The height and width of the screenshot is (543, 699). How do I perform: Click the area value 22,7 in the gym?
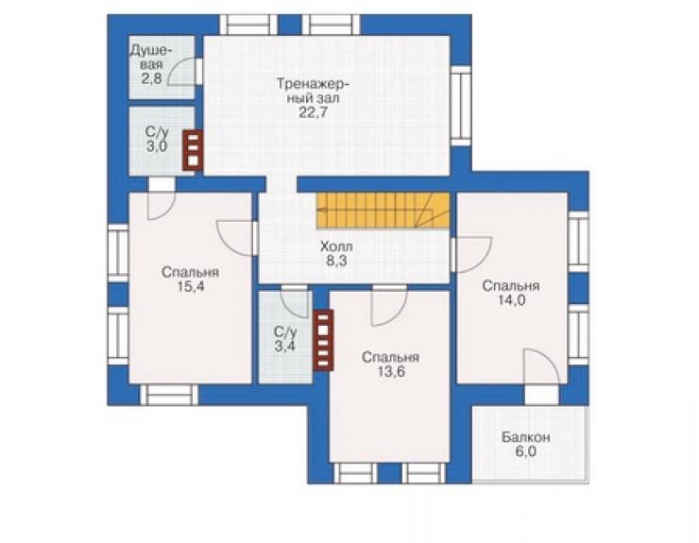tap(313, 112)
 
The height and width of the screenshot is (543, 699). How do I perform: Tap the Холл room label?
tap(336, 246)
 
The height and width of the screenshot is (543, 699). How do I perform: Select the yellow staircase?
tap(383, 211)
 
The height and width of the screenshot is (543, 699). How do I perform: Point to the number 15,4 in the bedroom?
tap(191, 286)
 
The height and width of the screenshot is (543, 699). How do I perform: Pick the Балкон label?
tap(525, 437)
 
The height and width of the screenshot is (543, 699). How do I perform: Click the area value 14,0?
tap(511, 300)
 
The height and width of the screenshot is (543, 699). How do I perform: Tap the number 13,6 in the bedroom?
tap(391, 371)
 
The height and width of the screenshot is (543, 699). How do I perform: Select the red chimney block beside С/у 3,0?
tap(193, 150)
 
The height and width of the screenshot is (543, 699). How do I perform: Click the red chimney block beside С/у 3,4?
tap(323, 340)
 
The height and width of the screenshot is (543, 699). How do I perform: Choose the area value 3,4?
tap(284, 346)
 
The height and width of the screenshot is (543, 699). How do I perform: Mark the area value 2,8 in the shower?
tap(151, 79)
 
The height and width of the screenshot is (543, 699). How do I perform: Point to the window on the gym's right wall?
tap(460, 106)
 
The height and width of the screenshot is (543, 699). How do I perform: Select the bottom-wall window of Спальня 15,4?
tap(169, 395)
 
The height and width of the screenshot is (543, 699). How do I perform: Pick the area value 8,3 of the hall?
tap(336, 261)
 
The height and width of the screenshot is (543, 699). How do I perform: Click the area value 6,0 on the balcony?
tap(525, 451)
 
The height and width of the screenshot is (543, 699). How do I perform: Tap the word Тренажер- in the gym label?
tap(313, 84)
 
